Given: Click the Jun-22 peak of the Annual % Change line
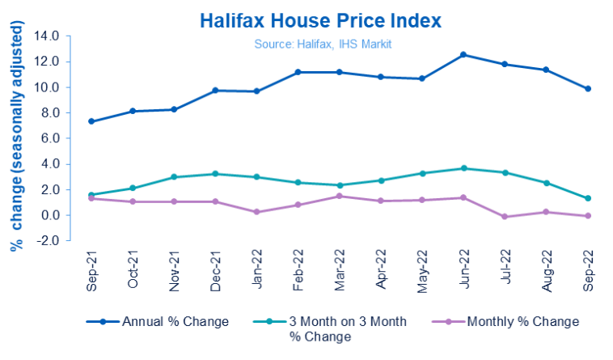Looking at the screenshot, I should [x=463, y=54].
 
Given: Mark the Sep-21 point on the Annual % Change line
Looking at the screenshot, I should [x=91, y=121].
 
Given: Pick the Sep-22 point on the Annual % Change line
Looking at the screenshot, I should [x=588, y=89].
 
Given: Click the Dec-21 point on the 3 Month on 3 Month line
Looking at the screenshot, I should [x=215, y=174].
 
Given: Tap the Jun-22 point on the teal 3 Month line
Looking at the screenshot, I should [x=463, y=168].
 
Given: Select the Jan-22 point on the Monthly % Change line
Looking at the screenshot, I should [x=256, y=212].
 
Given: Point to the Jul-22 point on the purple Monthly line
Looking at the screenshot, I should [x=505, y=217].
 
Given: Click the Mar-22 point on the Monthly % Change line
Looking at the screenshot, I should [x=339, y=196].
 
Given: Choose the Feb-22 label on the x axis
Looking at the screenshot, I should [x=298, y=272].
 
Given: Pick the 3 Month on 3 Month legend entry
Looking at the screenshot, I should [x=336, y=328].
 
